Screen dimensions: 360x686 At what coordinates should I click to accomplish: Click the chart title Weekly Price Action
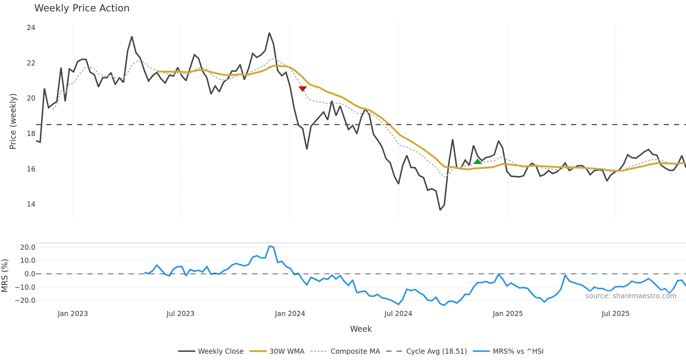[82, 8]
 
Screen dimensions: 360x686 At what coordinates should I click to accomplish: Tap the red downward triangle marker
[302, 89]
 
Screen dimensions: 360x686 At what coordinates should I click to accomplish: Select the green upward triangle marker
[477, 161]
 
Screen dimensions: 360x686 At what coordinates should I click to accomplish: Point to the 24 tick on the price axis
[31, 28]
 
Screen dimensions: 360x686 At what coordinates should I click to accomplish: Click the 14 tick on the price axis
[31, 204]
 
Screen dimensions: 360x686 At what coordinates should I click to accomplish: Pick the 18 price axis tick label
[31, 134]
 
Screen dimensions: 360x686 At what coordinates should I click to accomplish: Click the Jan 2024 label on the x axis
[290, 314]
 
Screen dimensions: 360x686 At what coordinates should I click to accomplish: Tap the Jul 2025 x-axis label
[615, 314]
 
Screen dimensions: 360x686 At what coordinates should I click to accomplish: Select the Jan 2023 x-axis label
[73, 314]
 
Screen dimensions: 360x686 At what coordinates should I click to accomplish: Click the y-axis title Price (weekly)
[13, 121]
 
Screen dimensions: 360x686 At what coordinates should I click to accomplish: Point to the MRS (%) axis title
[5, 276]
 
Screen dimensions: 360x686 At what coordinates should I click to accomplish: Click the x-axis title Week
[361, 329]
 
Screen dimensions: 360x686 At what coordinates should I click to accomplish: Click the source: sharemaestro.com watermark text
[631, 296]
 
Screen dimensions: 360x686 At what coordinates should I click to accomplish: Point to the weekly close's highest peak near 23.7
[269, 33]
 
